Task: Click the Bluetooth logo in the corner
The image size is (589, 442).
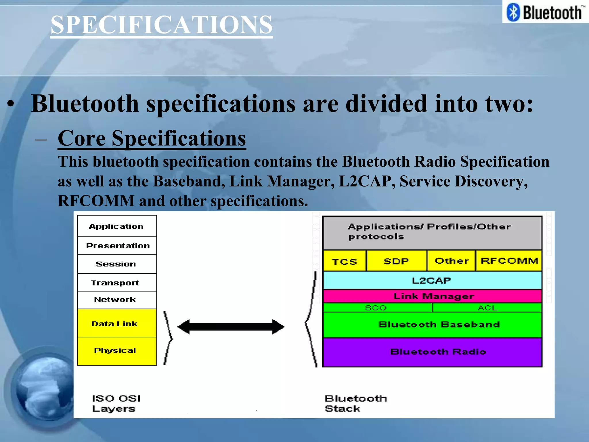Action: coord(545,12)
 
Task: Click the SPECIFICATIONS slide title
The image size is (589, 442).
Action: coord(161,25)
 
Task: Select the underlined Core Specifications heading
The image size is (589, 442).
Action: coord(152,138)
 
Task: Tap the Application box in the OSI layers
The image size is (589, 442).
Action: coord(116,226)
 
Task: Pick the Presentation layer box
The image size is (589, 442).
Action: coord(117,245)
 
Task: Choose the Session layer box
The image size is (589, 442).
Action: coord(116,264)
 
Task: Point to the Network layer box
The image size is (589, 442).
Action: coord(115,300)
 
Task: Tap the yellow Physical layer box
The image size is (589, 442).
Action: coord(115,350)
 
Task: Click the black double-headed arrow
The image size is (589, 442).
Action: coord(231,327)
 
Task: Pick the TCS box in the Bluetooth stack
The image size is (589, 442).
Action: coord(344,261)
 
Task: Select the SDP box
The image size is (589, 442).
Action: coord(396,261)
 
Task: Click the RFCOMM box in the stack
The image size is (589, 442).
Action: coord(509,261)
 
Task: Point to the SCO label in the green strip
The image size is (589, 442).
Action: coord(376,308)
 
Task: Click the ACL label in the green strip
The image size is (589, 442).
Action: coord(488,308)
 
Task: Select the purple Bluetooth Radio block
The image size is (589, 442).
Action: coord(438,352)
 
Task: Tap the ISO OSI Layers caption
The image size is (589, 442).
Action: coord(116,403)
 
